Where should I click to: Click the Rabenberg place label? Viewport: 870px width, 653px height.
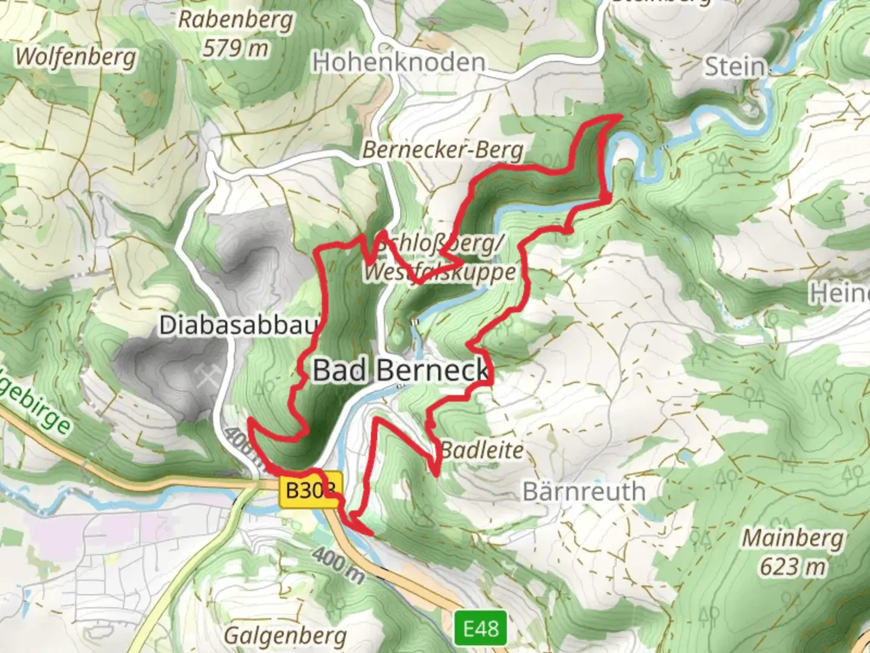235,19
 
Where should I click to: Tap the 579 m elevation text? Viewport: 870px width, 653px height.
235,47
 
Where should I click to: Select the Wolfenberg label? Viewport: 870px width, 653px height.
76,57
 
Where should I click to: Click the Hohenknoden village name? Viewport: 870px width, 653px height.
399,62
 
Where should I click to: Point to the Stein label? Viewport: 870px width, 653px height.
735,67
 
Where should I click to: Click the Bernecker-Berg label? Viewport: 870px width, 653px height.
443,149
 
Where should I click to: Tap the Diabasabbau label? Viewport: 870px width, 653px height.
238,325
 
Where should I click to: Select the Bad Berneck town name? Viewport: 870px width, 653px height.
400,369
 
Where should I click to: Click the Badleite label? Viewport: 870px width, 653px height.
482,450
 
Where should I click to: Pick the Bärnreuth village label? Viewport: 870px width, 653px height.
584,491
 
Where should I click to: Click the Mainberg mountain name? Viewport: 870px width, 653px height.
792,537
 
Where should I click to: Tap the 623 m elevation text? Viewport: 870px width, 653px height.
792,567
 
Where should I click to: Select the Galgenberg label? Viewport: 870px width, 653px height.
285,635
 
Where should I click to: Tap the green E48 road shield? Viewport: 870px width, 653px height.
480,629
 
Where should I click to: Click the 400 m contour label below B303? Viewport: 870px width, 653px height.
339,566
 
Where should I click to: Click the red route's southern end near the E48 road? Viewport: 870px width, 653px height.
370,534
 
